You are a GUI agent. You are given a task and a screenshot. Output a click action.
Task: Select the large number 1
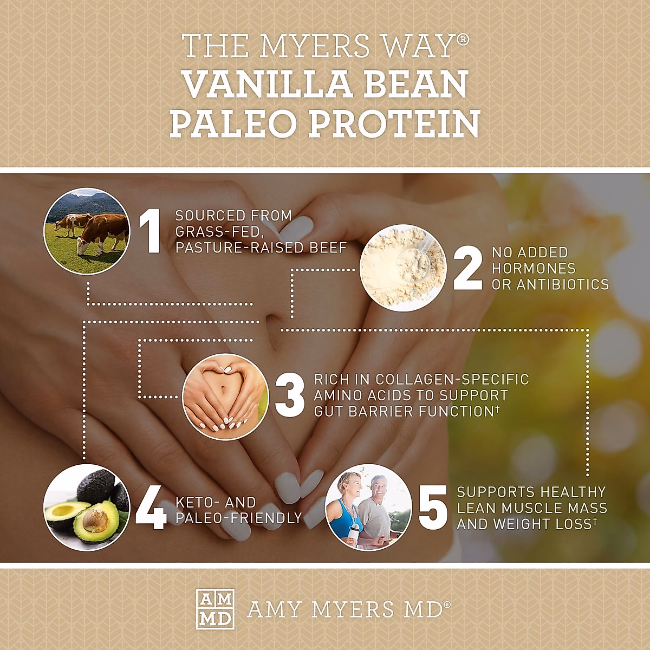tap(151, 231)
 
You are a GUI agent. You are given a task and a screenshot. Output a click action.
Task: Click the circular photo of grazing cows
tap(87, 231)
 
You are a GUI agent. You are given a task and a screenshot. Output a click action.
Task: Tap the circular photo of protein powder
tap(403, 268)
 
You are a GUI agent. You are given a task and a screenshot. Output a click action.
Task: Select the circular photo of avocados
tap(87, 508)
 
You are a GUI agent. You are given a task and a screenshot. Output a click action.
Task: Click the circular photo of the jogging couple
tap(369, 508)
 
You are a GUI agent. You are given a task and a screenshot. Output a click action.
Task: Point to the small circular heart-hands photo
tap(226, 396)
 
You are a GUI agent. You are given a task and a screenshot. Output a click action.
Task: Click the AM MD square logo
tap(215, 609)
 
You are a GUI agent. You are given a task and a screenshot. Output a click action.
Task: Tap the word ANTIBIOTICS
tap(563, 284)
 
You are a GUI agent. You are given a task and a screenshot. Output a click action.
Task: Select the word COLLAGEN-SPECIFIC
tap(452, 379)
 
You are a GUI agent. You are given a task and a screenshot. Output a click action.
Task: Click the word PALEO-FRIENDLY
tap(239, 518)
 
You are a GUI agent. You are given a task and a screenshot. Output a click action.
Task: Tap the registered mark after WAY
tap(464, 40)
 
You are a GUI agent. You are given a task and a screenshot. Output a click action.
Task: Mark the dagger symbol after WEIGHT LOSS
tap(594, 521)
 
